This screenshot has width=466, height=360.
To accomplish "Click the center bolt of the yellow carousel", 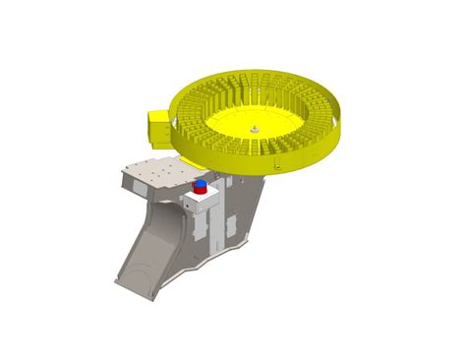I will click(253, 126).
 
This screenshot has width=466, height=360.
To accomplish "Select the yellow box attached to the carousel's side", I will click(158, 126).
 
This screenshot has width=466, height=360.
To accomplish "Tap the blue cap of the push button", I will click(201, 183).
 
